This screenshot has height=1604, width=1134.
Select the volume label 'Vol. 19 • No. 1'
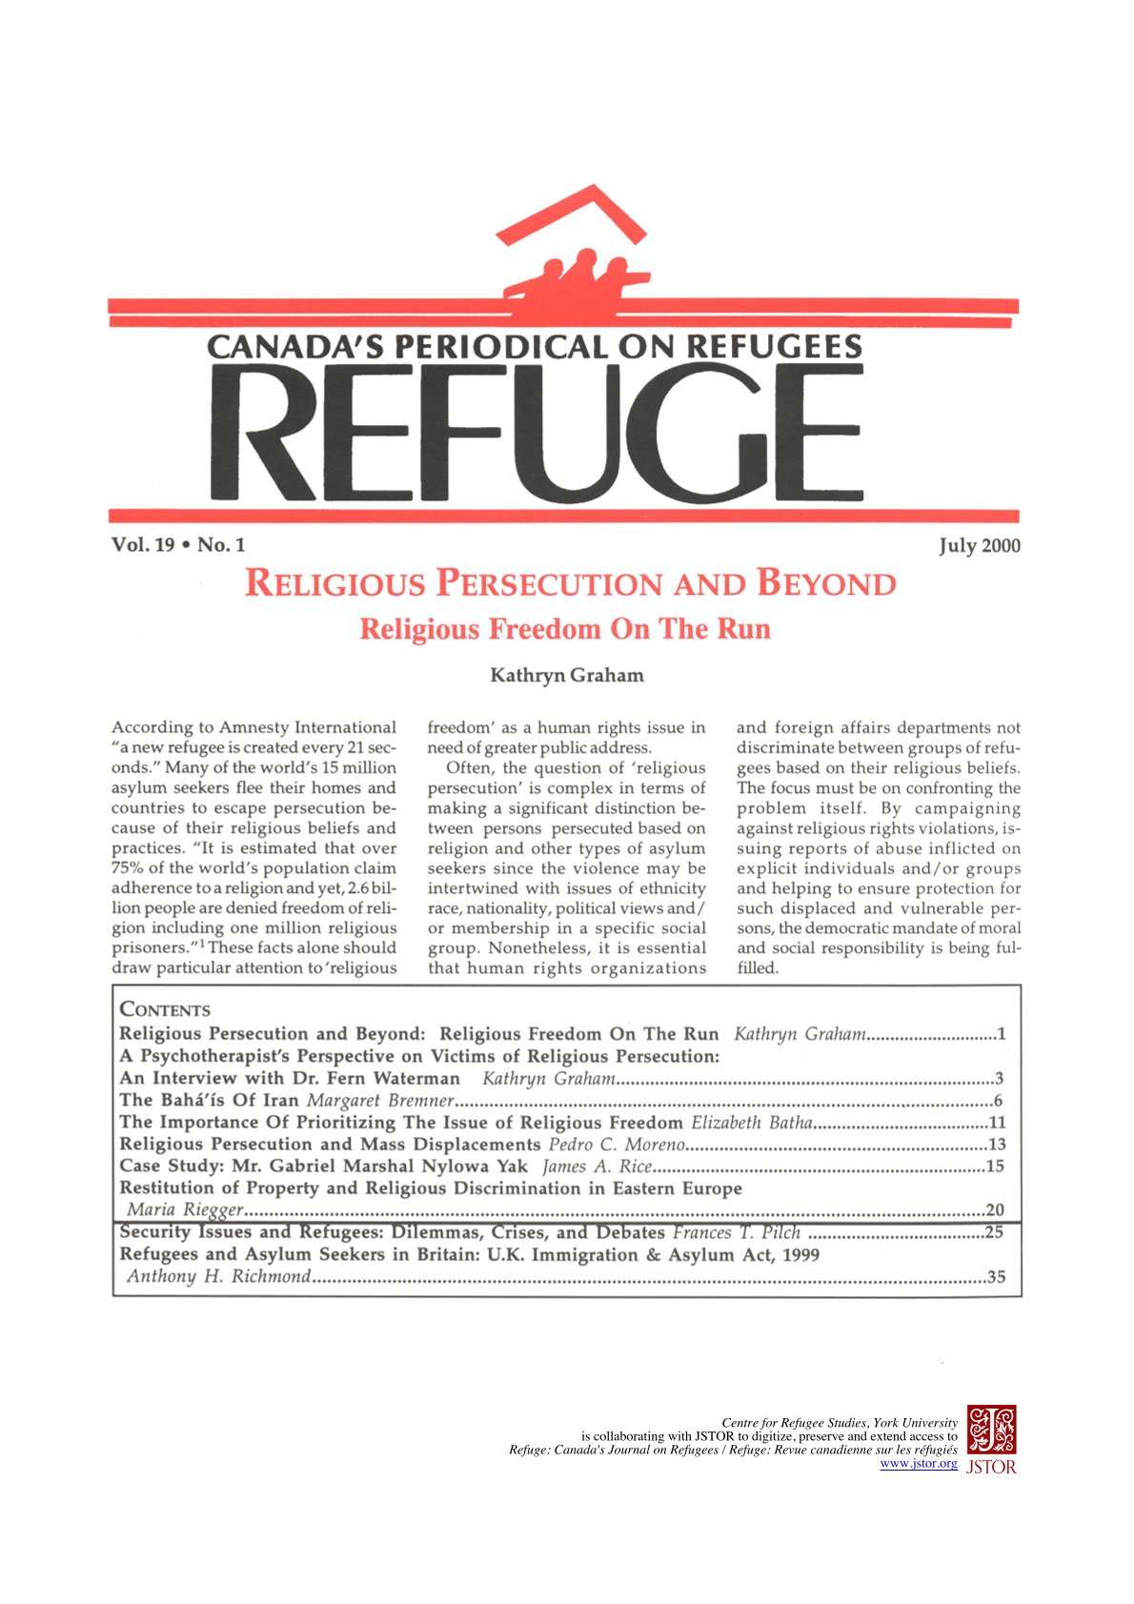178,545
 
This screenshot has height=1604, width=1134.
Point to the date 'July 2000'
980,546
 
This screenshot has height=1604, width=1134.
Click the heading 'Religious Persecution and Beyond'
570,583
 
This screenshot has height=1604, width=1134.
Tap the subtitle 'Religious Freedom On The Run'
565,629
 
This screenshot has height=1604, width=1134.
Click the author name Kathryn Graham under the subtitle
566,676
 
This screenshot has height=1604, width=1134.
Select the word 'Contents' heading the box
165,1009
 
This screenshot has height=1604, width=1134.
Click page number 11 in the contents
997,1123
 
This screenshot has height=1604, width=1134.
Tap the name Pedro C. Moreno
617,1145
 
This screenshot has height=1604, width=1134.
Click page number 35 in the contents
996,1277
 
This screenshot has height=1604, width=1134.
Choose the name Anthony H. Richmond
219,1277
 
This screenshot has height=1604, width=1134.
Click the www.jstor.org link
918,1464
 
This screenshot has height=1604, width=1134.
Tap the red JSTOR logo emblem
991,1429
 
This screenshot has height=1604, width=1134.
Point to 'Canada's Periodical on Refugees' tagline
535,346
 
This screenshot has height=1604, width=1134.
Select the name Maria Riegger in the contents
186,1210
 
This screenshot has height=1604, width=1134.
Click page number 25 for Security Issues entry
995,1233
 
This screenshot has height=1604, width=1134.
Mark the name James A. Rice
597,1167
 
